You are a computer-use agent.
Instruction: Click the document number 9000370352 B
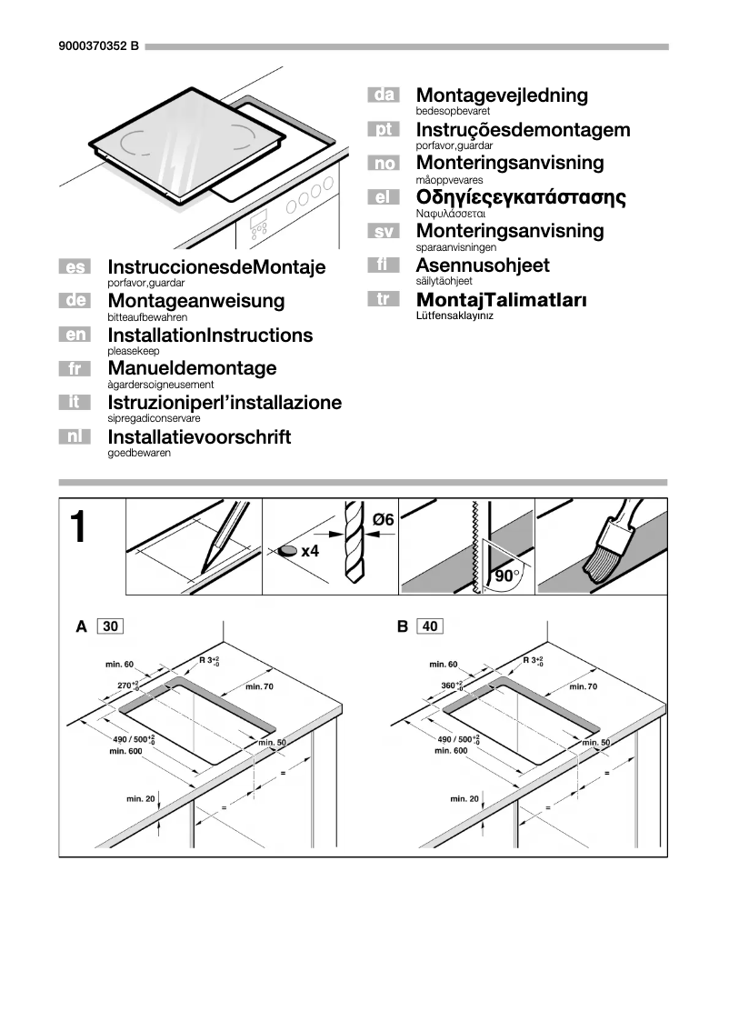[98, 46]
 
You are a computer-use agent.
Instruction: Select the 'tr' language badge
[384, 299]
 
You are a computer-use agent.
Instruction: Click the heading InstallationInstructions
[209, 335]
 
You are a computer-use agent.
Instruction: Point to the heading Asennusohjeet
[482, 265]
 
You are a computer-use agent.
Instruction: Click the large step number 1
[79, 527]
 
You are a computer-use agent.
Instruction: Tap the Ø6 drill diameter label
[383, 519]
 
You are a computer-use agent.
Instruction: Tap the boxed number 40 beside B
[430, 626]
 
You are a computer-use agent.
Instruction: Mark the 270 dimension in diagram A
[127, 685]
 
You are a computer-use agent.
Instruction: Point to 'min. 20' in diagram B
[464, 798]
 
